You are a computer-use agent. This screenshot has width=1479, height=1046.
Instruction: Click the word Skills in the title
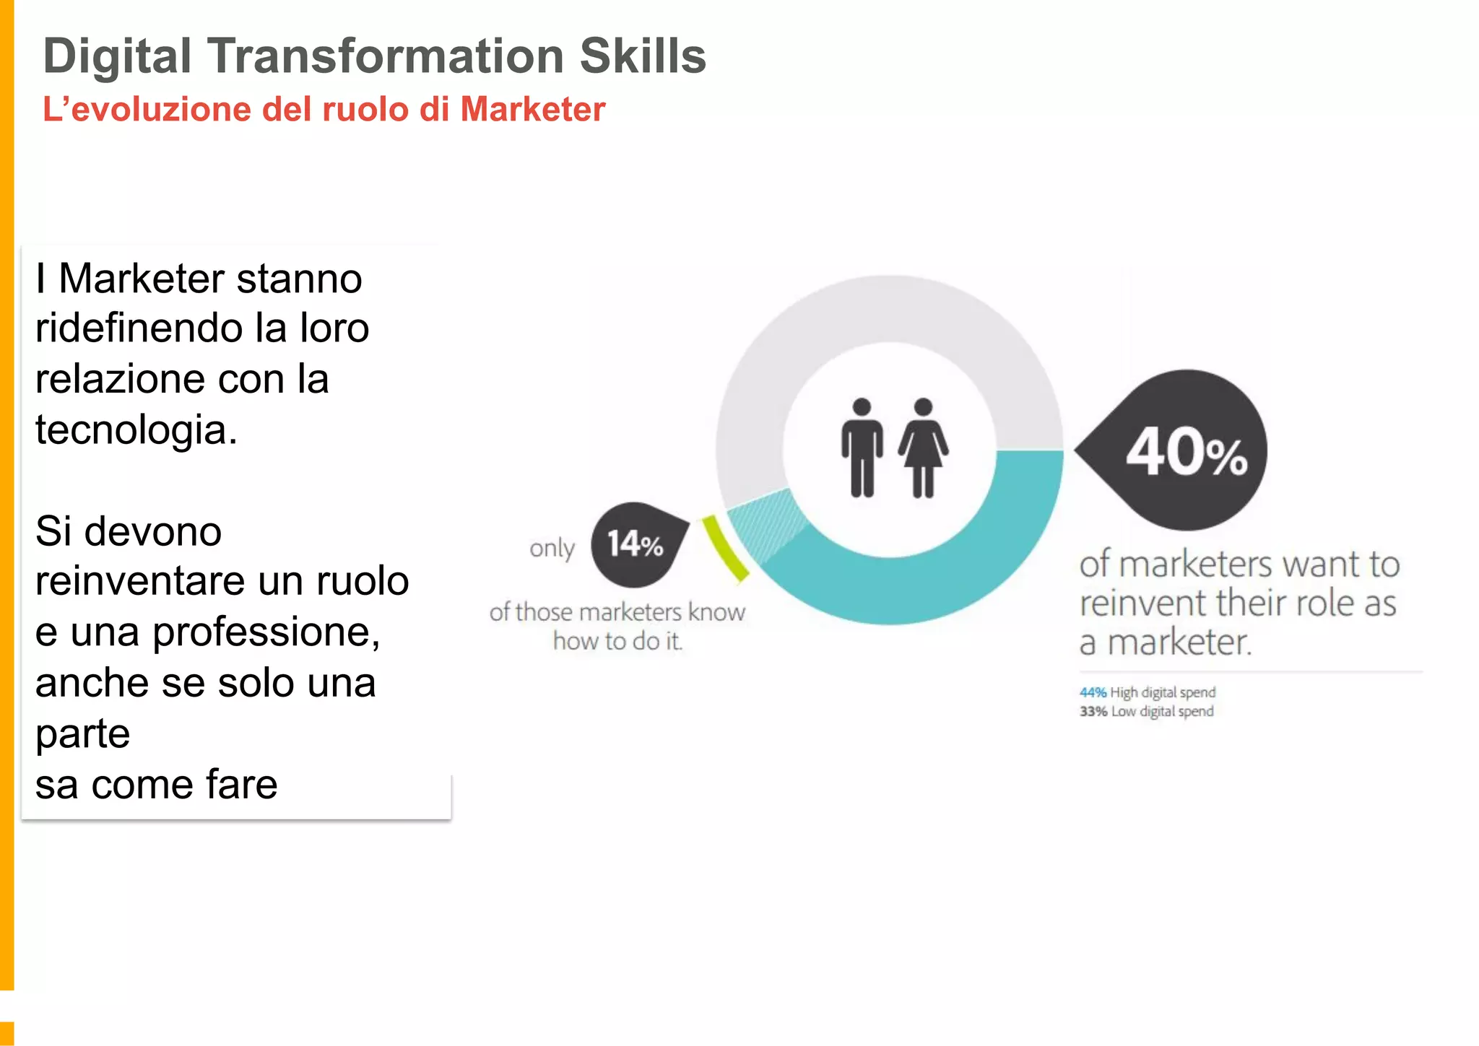[x=643, y=56]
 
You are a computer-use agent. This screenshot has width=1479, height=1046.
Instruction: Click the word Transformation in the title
[x=386, y=56]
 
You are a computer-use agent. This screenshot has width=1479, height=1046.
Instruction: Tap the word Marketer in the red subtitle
[x=532, y=110]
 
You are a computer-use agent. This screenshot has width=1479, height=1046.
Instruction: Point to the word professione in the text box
[x=265, y=633]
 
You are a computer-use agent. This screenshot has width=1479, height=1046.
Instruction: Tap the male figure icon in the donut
[x=862, y=448]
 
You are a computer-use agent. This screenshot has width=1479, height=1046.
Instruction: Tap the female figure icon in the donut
[x=923, y=448]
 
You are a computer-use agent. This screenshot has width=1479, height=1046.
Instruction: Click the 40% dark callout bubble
[x=1184, y=451]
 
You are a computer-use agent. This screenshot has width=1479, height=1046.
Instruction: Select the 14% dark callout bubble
[x=635, y=544]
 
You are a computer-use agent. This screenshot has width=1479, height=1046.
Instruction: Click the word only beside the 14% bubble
[x=552, y=549]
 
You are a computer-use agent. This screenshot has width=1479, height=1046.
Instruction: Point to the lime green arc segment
[x=725, y=547]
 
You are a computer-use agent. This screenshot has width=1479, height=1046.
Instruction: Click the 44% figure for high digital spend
[x=1093, y=692]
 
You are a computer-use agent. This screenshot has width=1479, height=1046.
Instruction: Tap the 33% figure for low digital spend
[x=1093, y=712]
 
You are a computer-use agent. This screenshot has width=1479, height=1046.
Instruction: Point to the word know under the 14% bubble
[x=716, y=612]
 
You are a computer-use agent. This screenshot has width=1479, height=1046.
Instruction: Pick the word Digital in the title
[x=117, y=56]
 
